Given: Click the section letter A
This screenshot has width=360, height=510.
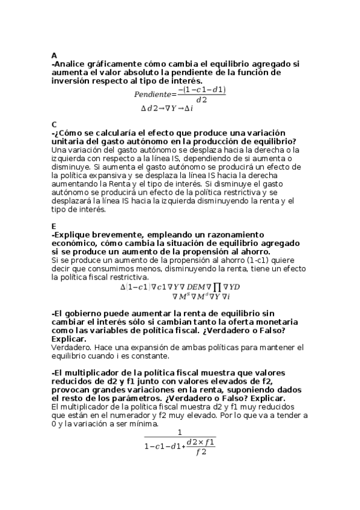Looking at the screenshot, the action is [54, 55].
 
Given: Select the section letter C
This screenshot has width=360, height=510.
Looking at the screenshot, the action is [54, 124].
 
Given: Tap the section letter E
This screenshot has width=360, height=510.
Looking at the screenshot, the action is [54, 226].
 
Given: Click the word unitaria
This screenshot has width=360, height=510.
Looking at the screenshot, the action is [69, 141].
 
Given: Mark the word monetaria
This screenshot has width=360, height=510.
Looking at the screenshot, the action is [268, 322].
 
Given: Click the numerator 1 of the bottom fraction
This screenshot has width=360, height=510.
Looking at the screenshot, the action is [180, 432].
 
